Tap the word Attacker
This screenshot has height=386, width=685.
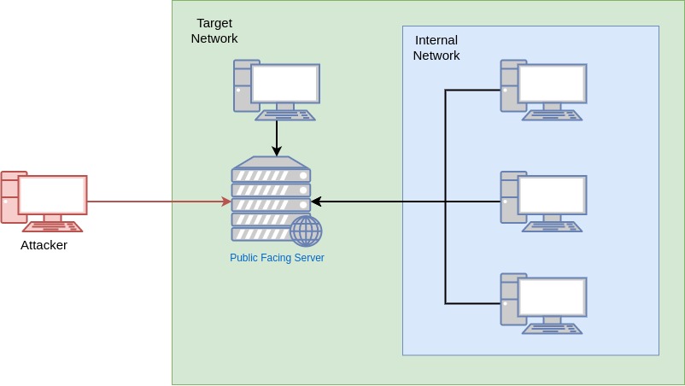pyautogui.click(x=44, y=245)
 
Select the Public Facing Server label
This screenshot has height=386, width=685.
pyautogui.click(x=277, y=258)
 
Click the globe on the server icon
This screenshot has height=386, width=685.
pyautogui.click(x=306, y=231)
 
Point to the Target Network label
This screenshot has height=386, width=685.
pyautogui.click(x=214, y=31)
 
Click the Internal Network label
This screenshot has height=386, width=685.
pyautogui.click(x=436, y=48)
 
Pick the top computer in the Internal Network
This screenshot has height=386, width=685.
pyautogui.click(x=543, y=90)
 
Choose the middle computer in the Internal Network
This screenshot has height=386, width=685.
pyautogui.click(x=543, y=202)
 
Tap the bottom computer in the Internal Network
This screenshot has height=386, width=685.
pyautogui.click(x=543, y=303)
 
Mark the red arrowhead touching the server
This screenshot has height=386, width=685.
pyautogui.click(x=227, y=202)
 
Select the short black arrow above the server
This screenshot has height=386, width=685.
pyautogui.click(x=277, y=137)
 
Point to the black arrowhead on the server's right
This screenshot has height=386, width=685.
pyautogui.click(x=316, y=202)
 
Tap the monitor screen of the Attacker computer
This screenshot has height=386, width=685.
pyautogui.click(x=53, y=195)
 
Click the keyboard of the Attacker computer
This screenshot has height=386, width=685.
pyautogui.click(x=52, y=227)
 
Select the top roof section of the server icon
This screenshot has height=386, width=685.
pyautogui.click(x=271, y=162)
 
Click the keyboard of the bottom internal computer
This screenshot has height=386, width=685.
pyautogui.click(x=552, y=329)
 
